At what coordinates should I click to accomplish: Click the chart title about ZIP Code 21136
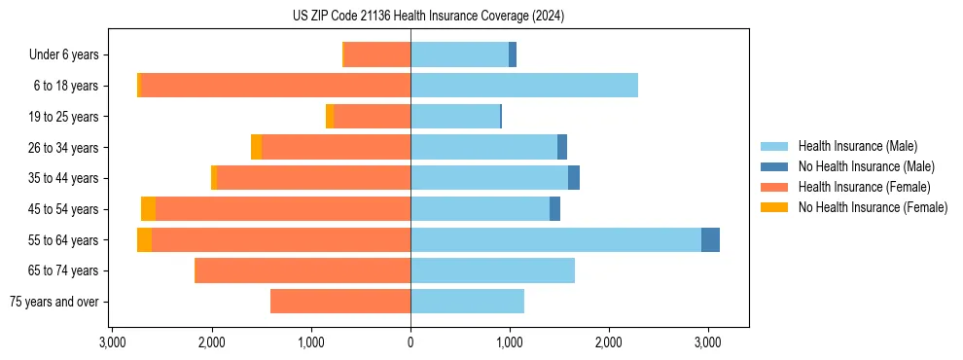point(428,17)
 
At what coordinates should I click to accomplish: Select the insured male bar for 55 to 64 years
point(555,239)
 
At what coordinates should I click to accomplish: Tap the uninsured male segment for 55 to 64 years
point(710,239)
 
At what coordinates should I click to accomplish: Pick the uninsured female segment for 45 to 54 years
point(148,209)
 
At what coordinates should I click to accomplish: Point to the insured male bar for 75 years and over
point(467,302)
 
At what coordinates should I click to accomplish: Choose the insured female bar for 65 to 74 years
point(303,270)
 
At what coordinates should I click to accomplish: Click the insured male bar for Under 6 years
point(459,54)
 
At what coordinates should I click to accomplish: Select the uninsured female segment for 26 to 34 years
point(256,147)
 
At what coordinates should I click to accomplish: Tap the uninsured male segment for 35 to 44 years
point(574,178)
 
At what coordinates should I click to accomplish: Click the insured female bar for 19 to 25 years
point(372,117)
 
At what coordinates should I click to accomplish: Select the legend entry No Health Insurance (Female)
point(873,207)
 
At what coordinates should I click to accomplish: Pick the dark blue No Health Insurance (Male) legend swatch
point(774,166)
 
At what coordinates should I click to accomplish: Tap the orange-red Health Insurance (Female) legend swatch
point(774,187)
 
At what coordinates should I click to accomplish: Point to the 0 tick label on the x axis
point(410,342)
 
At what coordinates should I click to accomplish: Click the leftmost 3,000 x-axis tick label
point(113,342)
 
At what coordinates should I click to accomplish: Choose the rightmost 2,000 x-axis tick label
point(609,342)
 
